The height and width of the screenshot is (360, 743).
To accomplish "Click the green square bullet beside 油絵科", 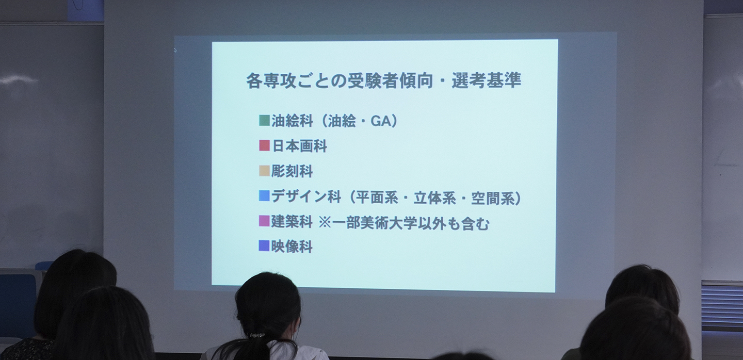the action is click(264, 121).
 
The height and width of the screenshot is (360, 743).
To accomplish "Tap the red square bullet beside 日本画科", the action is click(264, 146).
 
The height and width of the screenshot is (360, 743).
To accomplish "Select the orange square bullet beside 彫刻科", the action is click(264, 171).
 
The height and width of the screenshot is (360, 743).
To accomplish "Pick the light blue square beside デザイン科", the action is click(264, 196).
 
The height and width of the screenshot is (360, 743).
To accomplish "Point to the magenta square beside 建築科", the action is click(264, 221).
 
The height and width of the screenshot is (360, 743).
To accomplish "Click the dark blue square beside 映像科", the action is click(264, 246).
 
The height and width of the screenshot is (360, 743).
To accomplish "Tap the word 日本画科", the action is click(299, 146).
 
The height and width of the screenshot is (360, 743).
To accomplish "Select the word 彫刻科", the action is click(292, 171).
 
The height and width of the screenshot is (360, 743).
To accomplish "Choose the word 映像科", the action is click(292, 247).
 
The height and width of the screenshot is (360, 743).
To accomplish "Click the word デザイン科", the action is click(306, 197).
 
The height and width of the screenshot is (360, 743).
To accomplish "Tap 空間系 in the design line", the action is click(491, 198).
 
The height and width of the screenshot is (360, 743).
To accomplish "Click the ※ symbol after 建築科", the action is click(325, 223).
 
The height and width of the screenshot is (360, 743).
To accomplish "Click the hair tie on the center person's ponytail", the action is click(257, 335).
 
